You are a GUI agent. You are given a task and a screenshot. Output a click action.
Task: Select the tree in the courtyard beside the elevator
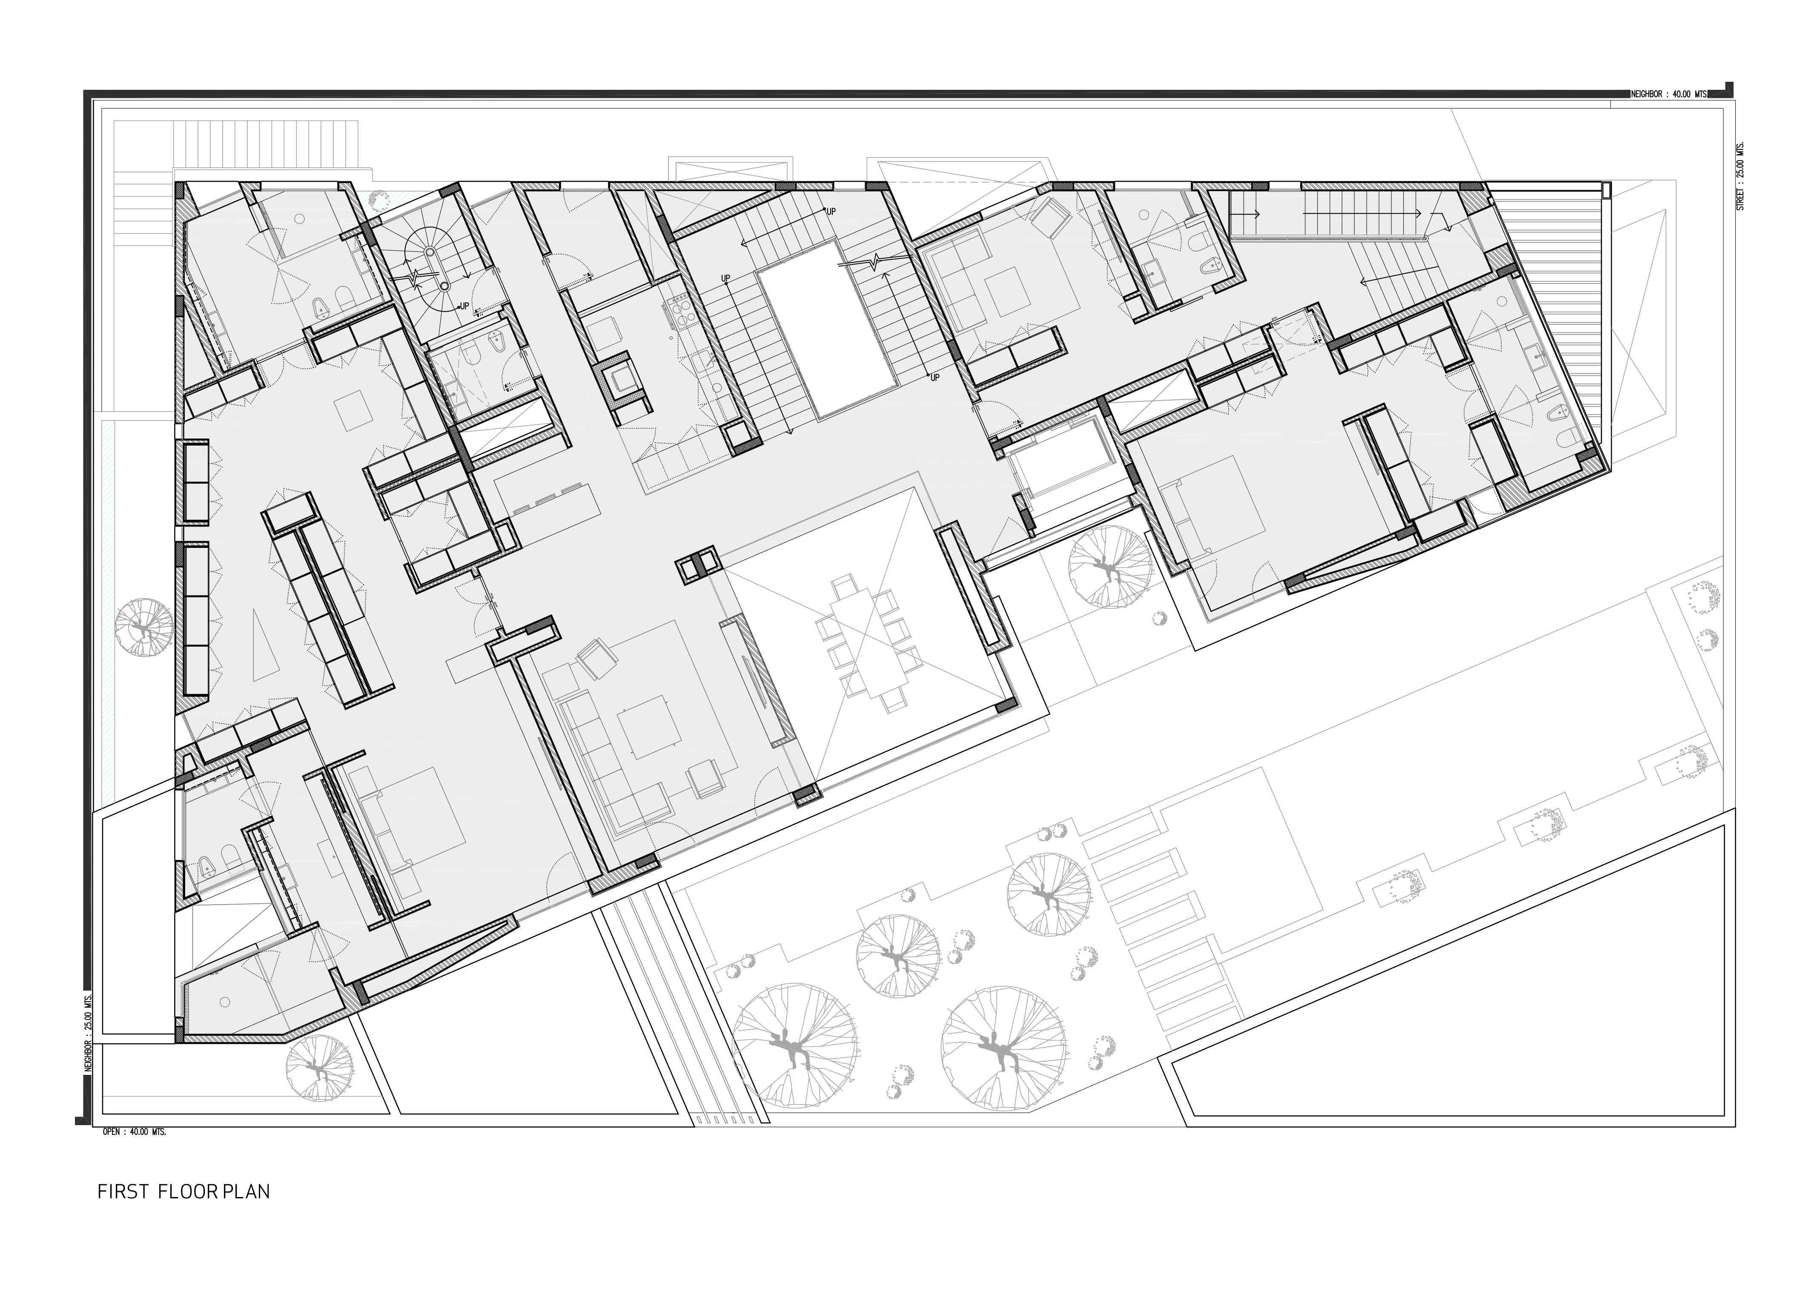1109,568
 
